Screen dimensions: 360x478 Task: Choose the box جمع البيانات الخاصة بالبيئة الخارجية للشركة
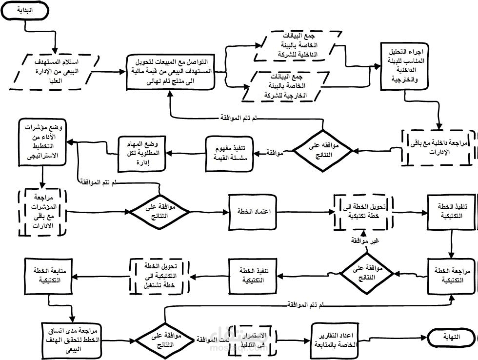[286, 86]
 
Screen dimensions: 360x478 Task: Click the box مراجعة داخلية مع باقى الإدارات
[438, 147]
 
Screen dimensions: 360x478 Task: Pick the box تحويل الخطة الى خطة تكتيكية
[361, 212]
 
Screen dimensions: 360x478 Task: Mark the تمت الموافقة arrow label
[211, 338]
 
